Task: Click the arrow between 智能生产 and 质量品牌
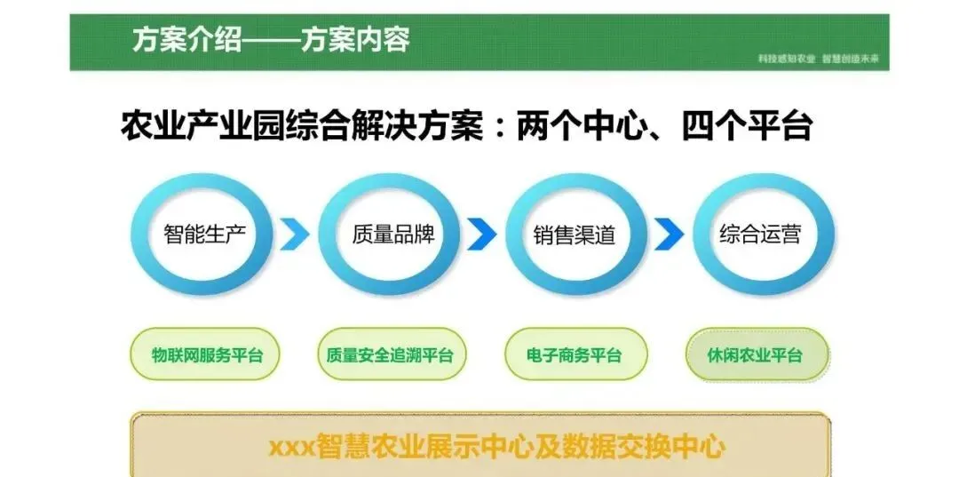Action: tap(296, 235)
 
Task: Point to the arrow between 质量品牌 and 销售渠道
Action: tap(482, 235)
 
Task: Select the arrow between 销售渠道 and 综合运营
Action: tap(670, 235)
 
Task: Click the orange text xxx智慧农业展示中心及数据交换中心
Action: tap(496, 446)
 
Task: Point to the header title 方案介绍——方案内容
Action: tap(271, 40)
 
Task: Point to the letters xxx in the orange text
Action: tap(292, 447)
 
